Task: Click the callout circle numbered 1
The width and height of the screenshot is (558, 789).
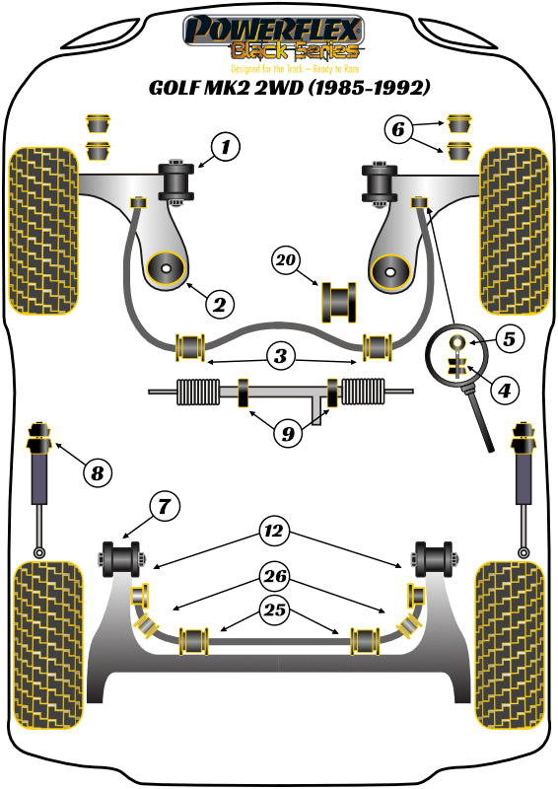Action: [226, 149]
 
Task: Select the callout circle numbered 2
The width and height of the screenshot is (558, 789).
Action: [219, 303]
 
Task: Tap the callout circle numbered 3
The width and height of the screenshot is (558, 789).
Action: [281, 354]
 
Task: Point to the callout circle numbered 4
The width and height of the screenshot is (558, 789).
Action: [504, 390]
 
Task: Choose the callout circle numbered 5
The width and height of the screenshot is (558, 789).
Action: [508, 339]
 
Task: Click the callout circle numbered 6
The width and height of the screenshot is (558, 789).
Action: [396, 127]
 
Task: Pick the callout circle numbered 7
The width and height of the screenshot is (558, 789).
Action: [165, 507]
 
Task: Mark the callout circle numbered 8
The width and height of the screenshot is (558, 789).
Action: [97, 473]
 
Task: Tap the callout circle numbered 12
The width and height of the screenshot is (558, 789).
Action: [274, 532]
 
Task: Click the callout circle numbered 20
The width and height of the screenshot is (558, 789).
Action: [286, 260]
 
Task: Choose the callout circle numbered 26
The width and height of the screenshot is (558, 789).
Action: [275, 573]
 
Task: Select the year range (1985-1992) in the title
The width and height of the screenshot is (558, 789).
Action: [366, 88]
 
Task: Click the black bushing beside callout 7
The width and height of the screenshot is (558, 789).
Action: [123, 557]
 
